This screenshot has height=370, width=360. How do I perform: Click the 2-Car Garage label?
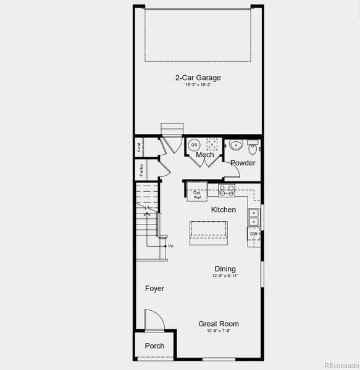[198, 78]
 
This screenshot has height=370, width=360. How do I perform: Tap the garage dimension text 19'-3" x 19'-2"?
[198, 85]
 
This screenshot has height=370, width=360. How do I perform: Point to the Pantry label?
[141, 170]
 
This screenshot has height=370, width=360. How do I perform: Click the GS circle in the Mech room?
[194, 144]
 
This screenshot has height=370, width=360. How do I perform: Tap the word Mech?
[205, 155]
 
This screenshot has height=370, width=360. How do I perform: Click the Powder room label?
[243, 163]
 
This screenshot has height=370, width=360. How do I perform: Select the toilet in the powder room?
[252, 149]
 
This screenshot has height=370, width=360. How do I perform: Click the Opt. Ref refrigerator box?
[197, 192]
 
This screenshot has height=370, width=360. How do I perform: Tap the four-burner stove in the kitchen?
[227, 191]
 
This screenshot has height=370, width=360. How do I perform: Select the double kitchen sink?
[253, 216]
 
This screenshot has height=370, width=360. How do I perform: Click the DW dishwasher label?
[253, 234]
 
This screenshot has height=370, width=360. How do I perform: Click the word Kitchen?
[224, 210]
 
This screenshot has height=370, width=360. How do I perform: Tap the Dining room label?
[225, 269]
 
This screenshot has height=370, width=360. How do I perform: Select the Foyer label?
[154, 289]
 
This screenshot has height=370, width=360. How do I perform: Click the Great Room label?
[219, 324]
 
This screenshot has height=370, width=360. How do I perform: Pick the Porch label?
[154, 346]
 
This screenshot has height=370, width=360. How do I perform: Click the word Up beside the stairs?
[171, 245]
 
